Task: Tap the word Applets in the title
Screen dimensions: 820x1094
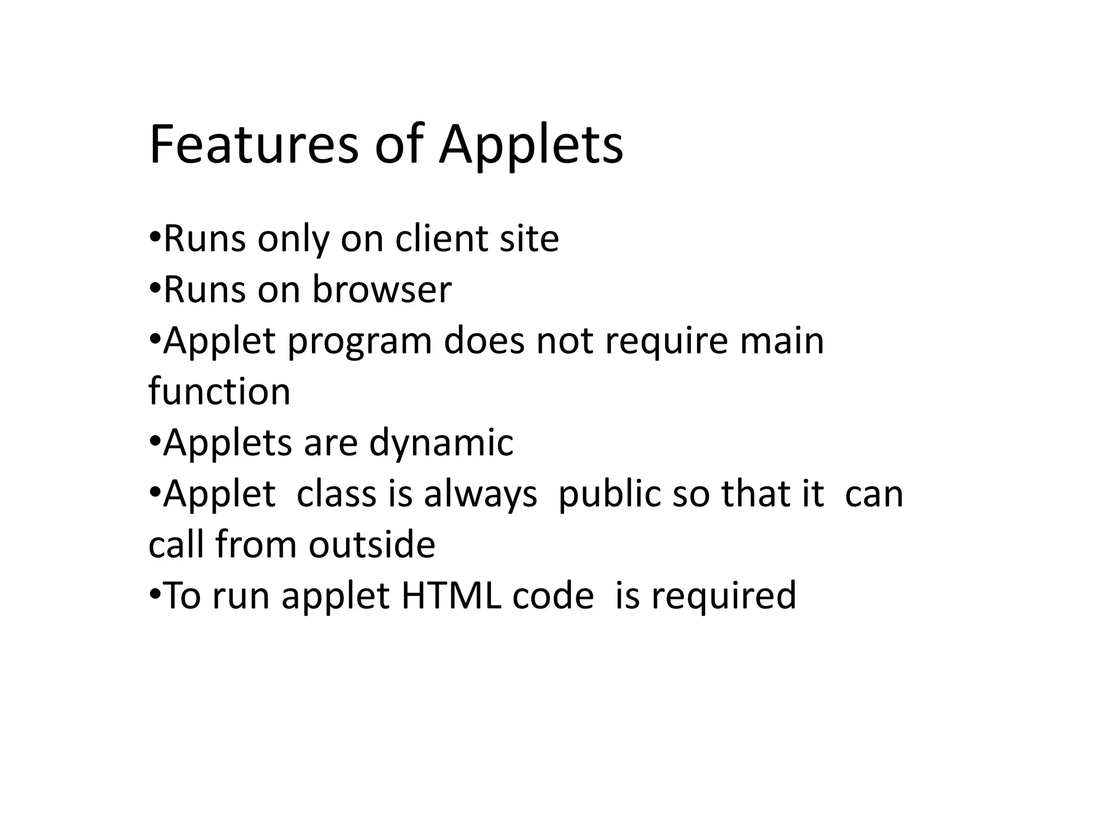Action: [x=531, y=145]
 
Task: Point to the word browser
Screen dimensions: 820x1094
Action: [x=382, y=289]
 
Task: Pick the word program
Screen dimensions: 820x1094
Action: [x=360, y=342]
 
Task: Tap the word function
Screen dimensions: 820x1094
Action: [x=220, y=391]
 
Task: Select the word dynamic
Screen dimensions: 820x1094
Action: [x=441, y=443]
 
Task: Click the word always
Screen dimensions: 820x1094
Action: [x=480, y=494]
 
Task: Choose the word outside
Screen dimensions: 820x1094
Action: [x=372, y=545]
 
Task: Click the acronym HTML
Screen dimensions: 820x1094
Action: [x=451, y=596]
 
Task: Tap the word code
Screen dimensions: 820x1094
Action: [x=553, y=596]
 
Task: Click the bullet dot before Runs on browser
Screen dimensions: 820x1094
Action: [x=155, y=288]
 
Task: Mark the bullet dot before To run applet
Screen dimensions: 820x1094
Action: [x=155, y=594]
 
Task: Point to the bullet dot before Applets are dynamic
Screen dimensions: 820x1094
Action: [x=155, y=441]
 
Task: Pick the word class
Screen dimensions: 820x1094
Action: [x=337, y=494]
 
